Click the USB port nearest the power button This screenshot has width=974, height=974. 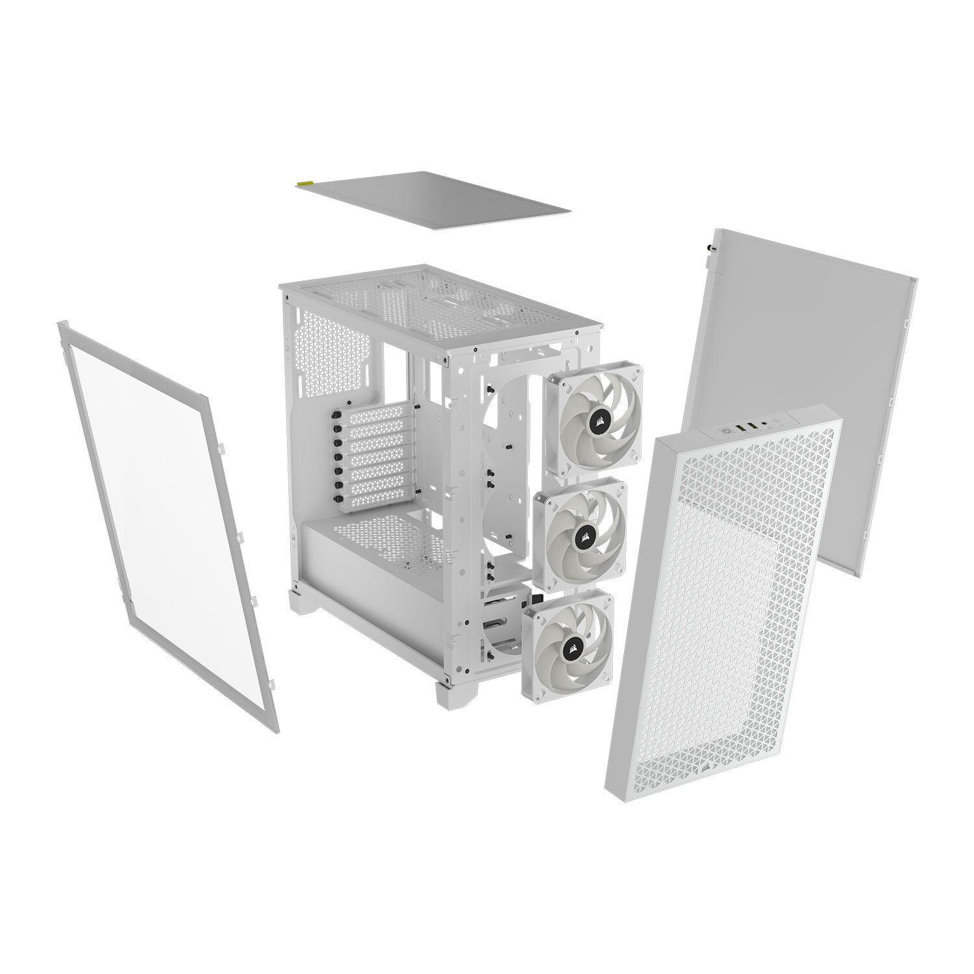741,429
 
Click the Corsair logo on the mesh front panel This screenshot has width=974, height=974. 706,764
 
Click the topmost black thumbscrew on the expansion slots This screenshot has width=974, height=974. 338,416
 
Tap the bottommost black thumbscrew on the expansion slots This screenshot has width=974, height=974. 338,498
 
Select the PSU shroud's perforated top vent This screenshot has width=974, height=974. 390,539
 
